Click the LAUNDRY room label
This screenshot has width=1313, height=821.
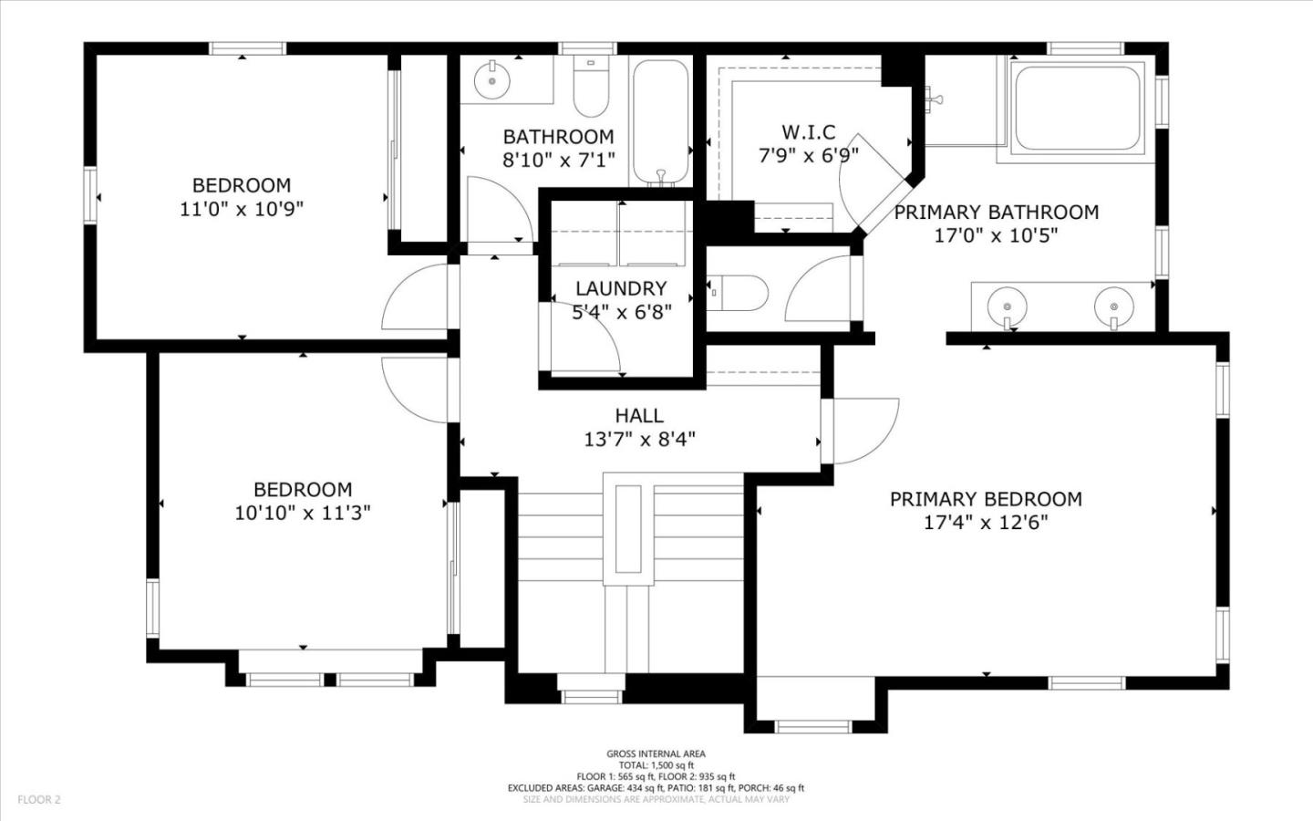(621, 288)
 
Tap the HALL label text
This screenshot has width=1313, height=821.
(639, 416)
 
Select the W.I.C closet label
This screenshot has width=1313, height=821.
(808, 132)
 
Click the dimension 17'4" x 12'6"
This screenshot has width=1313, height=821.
(986, 523)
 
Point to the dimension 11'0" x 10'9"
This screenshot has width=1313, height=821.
(241, 209)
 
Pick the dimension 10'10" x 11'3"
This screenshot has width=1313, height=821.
(302, 514)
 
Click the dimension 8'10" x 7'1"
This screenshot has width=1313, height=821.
(559, 160)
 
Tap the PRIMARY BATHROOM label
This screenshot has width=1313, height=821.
(996, 213)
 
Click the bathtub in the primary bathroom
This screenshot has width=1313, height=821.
(1077, 108)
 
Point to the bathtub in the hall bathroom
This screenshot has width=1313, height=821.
(661, 120)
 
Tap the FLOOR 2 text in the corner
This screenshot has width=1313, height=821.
(38, 800)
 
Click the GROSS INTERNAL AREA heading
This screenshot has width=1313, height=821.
(656, 753)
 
